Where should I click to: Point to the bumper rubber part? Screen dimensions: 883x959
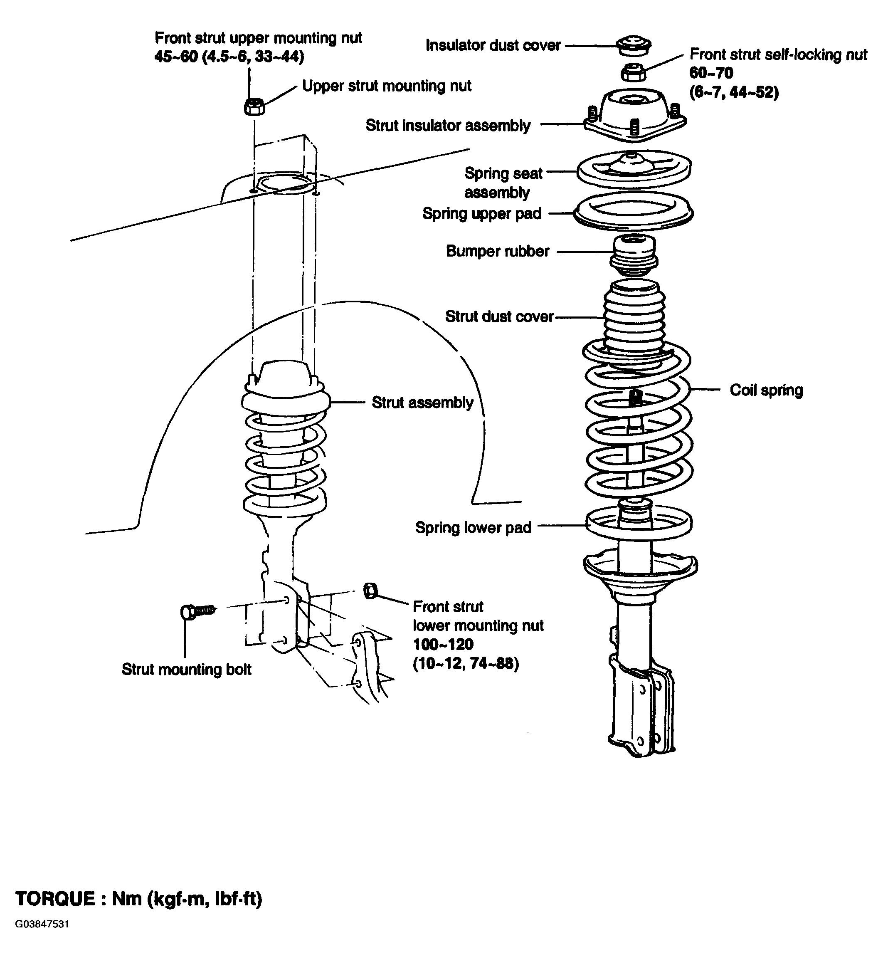coord(634,256)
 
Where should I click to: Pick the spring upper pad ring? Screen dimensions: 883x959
coord(634,212)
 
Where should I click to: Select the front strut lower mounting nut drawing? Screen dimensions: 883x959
coord(370,591)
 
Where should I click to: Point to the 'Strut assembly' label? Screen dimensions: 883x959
coord(422,403)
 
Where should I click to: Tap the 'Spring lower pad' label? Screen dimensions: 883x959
coord(474,528)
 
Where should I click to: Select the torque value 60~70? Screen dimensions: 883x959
coord(711,73)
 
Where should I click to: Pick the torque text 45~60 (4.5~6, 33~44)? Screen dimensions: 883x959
coord(229,57)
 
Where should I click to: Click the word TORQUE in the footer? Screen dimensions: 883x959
coord(55,899)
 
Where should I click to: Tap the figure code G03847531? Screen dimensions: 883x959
coord(42,937)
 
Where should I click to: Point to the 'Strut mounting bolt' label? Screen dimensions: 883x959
coord(186,669)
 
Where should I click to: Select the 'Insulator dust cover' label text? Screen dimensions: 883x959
coord(493,45)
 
